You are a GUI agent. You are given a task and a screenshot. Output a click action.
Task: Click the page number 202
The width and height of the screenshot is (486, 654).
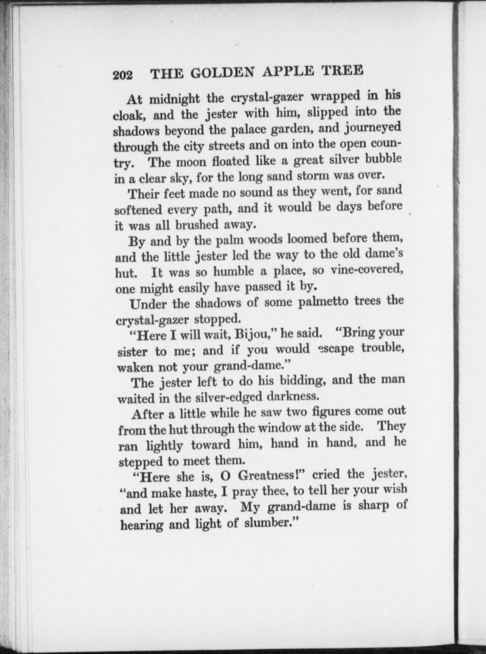123,75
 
